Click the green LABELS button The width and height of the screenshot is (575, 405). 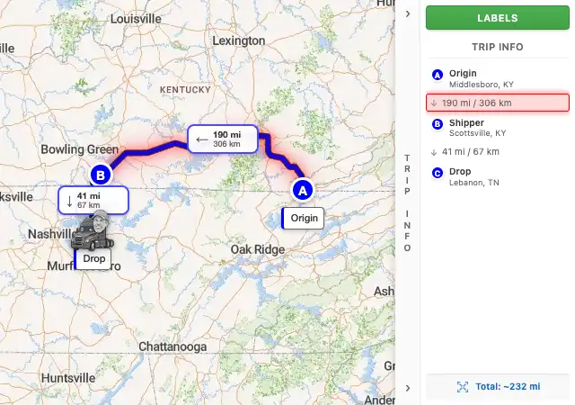tap(497, 17)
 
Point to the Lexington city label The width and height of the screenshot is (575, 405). tap(239, 40)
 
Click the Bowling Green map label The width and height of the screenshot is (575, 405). tap(79, 149)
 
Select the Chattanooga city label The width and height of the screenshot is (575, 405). tap(172, 346)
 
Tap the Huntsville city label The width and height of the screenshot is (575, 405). tap(67, 378)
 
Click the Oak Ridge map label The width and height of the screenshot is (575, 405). tap(258, 249)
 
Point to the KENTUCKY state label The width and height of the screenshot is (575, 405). tap(184, 90)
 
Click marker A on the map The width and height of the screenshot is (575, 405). tap(302, 190)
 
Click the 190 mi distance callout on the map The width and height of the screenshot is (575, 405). tap(222, 139)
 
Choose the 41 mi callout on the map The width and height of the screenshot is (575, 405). tap(93, 200)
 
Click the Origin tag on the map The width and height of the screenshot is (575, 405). tap(304, 218)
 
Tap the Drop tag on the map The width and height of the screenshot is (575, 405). tap(93, 258)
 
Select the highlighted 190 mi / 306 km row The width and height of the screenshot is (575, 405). tap(497, 103)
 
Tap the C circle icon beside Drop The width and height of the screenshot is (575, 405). tap(438, 173)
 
